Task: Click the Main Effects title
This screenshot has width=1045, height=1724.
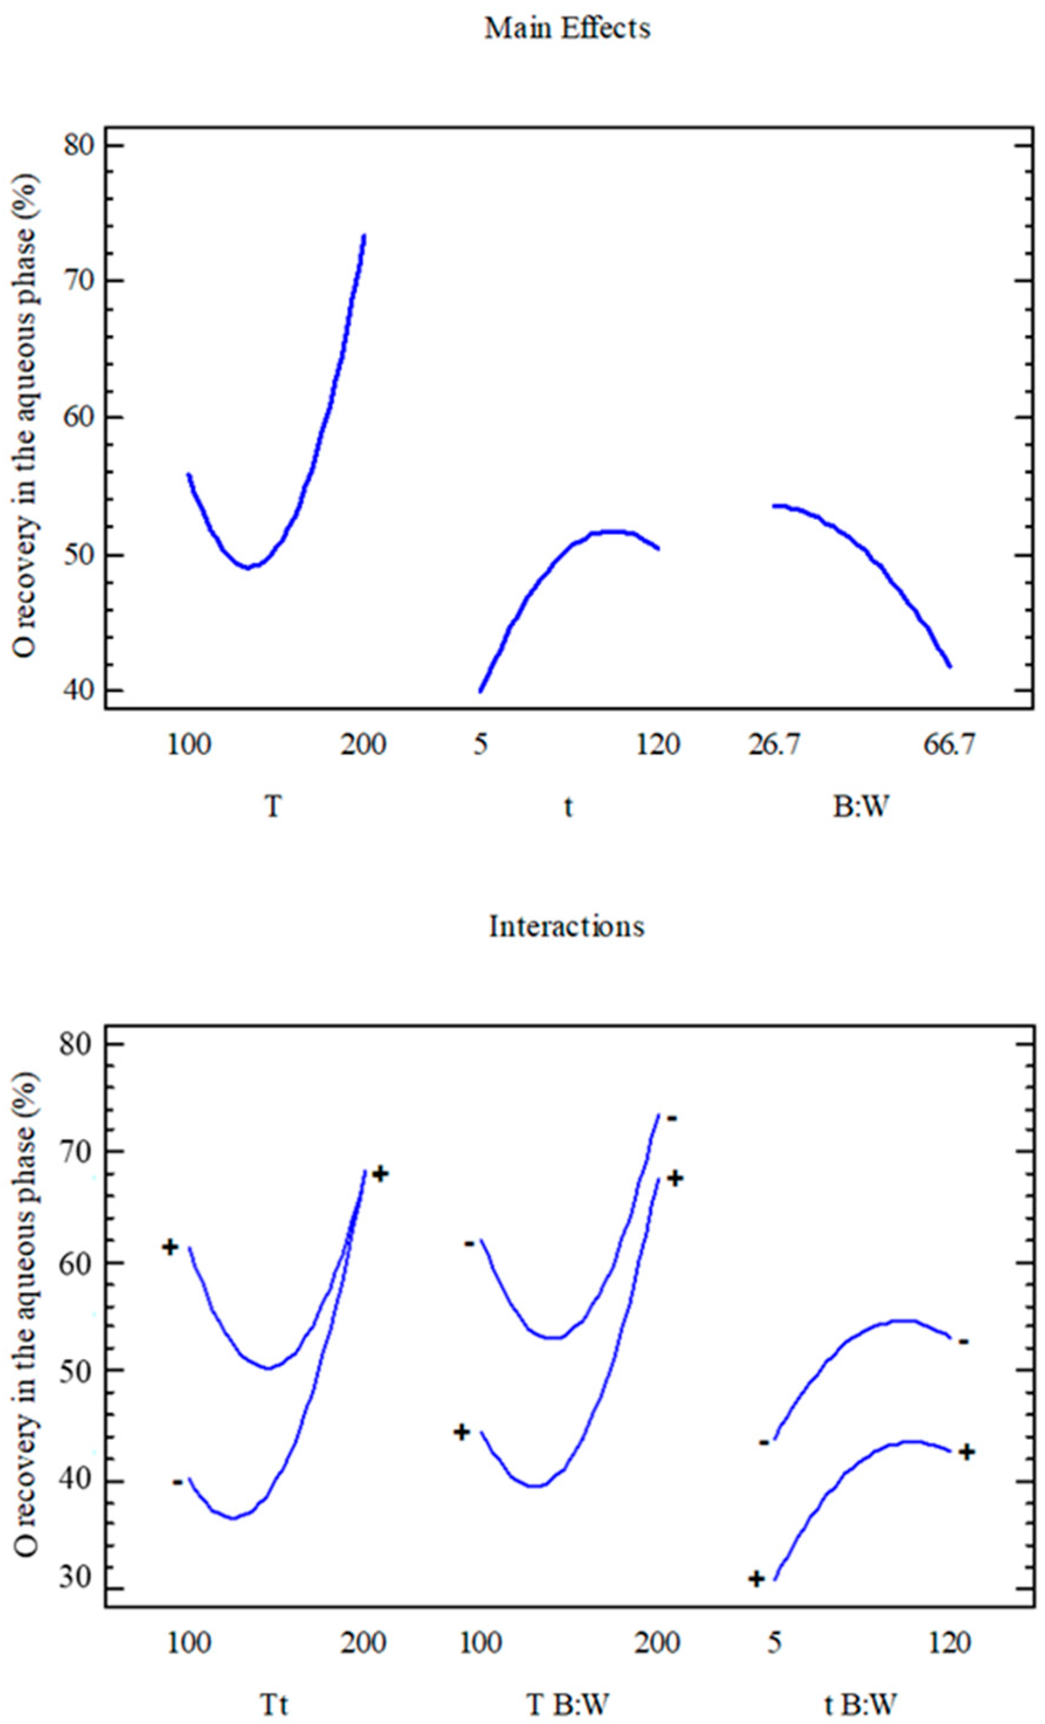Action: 567,29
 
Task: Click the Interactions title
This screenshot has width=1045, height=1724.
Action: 567,926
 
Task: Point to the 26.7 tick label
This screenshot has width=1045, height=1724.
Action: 773,745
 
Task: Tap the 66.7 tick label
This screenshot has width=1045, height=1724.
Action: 949,745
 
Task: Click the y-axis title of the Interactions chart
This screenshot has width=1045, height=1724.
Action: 26,1315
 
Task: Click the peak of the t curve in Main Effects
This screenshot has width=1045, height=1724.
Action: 613,532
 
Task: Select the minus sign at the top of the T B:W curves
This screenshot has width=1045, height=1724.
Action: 671,1118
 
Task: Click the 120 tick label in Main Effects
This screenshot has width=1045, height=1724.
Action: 657,745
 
